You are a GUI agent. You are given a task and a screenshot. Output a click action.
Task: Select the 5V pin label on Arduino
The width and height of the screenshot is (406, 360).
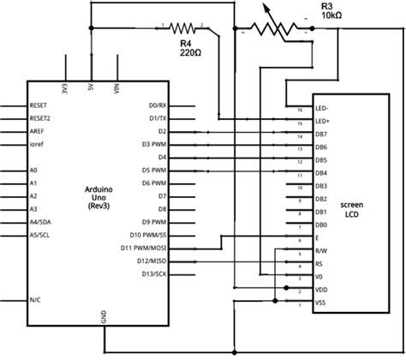[90, 87]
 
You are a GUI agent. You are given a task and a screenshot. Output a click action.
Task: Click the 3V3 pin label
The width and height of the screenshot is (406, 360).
[65, 87]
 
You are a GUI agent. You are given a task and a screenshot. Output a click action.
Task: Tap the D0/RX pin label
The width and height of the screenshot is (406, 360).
[157, 105]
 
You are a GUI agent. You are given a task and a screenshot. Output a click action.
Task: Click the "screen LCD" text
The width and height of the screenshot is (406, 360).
[352, 211]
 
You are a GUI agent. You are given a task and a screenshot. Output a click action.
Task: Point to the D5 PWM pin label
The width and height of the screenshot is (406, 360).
[155, 170]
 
